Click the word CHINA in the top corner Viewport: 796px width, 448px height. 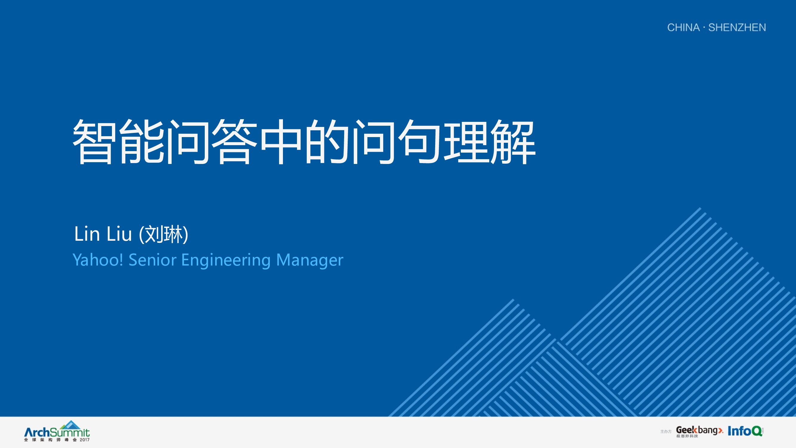pyautogui.click(x=683, y=27)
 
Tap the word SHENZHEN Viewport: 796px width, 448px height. pyautogui.click(x=737, y=27)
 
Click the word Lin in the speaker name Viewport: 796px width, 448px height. pyautogui.click(x=87, y=234)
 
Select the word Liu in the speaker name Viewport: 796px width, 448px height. pyautogui.click(x=119, y=234)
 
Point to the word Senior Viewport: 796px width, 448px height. pyautogui.click(x=152, y=260)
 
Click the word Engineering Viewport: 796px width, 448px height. pyautogui.click(x=226, y=260)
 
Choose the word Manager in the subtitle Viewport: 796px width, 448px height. pyautogui.click(x=309, y=260)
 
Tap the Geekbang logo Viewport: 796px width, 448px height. pyautogui.click(x=699, y=431)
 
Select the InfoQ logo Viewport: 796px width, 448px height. pyautogui.click(x=745, y=431)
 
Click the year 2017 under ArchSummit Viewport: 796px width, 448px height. pyautogui.click(x=84, y=440)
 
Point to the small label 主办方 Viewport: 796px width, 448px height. pyautogui.click(x=666, y=432)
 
